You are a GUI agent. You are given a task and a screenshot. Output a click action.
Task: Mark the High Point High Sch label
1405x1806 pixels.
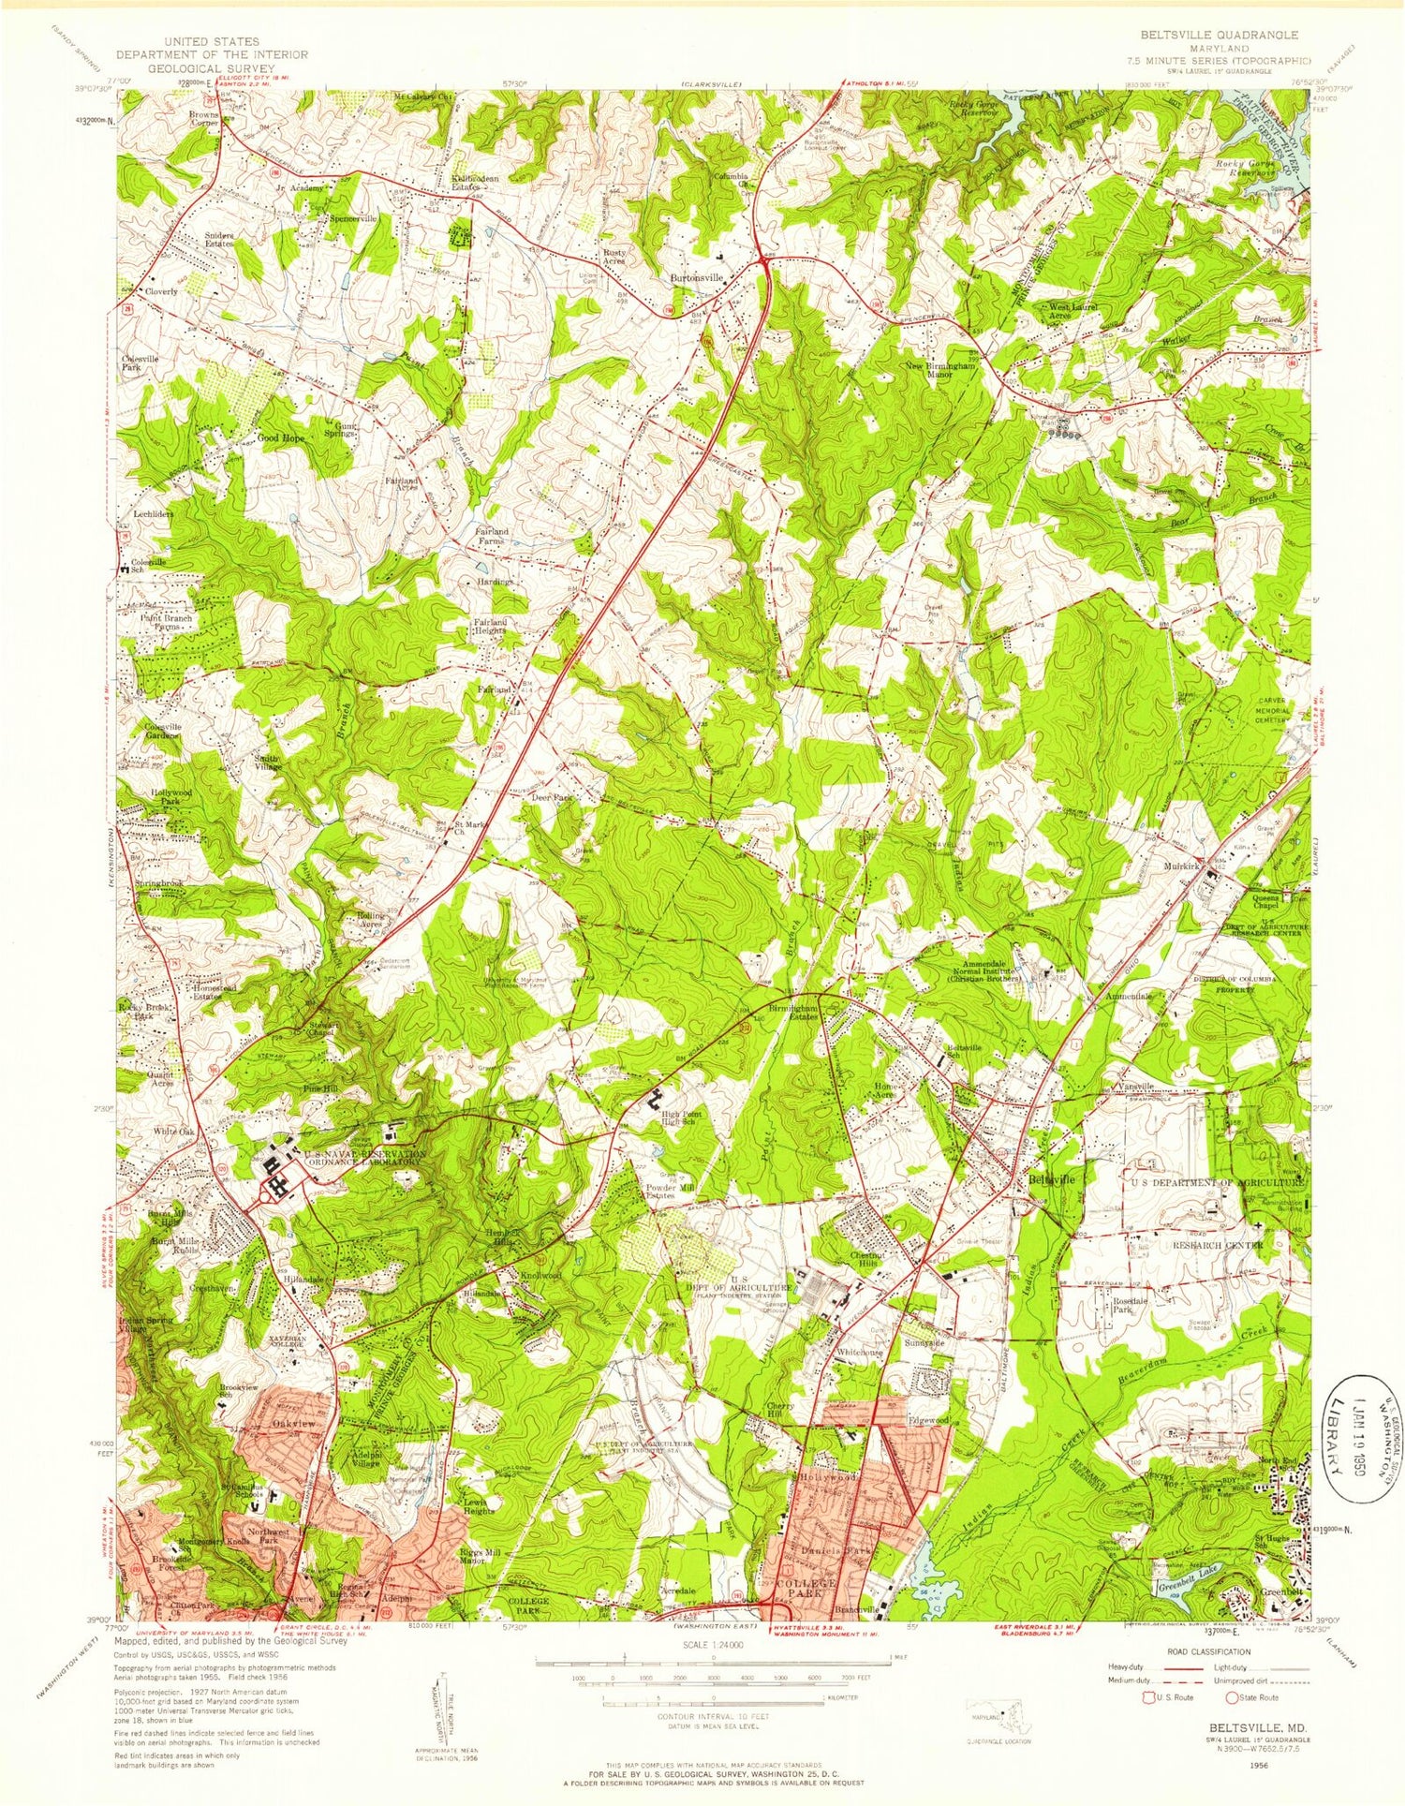coord(681,1118)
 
